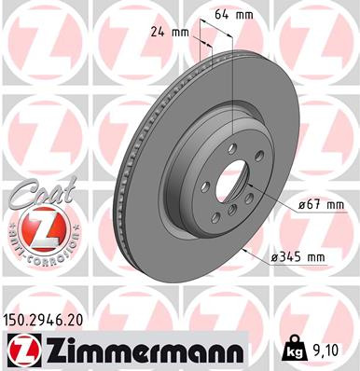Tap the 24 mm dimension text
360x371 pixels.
click(169, 33)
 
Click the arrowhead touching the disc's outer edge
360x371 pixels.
click(244, 251)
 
